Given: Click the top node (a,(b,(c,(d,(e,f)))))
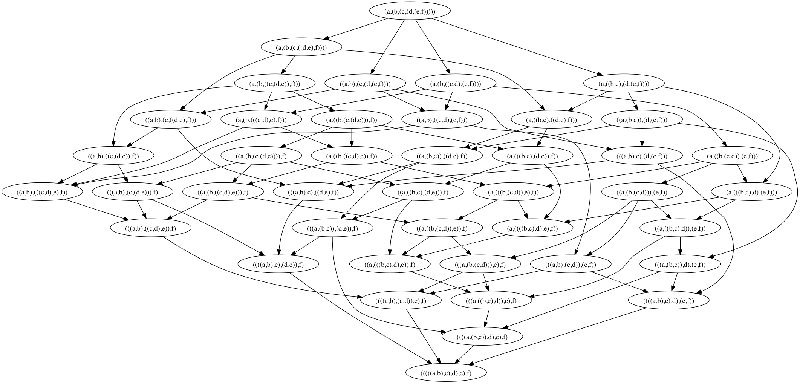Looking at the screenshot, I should pos(410,11).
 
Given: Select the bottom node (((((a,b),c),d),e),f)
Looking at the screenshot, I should pos(446,373).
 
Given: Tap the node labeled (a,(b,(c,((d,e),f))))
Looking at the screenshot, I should pos(301,47).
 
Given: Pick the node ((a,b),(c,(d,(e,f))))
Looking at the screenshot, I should pos(365,84).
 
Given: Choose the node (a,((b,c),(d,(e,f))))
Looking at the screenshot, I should pos(623,84).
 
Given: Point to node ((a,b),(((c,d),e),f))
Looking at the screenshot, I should pos(42,192).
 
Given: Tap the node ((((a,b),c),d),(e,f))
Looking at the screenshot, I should pos(668,301).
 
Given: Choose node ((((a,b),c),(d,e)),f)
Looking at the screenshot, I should pos(278,265).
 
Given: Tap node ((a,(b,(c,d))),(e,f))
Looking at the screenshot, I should pos(642,192).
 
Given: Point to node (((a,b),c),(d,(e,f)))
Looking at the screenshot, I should pos(642,156).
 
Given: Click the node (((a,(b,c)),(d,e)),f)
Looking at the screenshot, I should pos(332,228).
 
